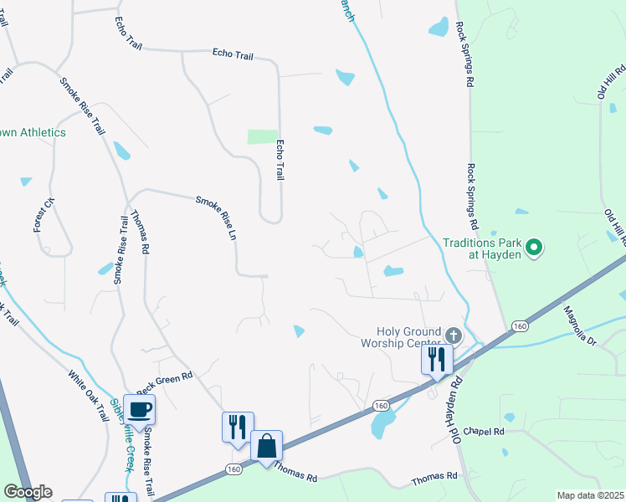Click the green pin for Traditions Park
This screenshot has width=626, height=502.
[531, 247]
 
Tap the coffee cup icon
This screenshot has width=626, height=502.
[139, 409]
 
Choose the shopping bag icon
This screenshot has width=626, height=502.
[266, 445]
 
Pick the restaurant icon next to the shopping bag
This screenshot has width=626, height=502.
[238, 426]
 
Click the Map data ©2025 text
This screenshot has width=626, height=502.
[590, 495]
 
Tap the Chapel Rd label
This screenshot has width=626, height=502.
[487, 432]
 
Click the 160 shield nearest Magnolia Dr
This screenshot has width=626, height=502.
[520, 325]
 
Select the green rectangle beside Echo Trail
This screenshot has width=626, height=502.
[262, 136]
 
